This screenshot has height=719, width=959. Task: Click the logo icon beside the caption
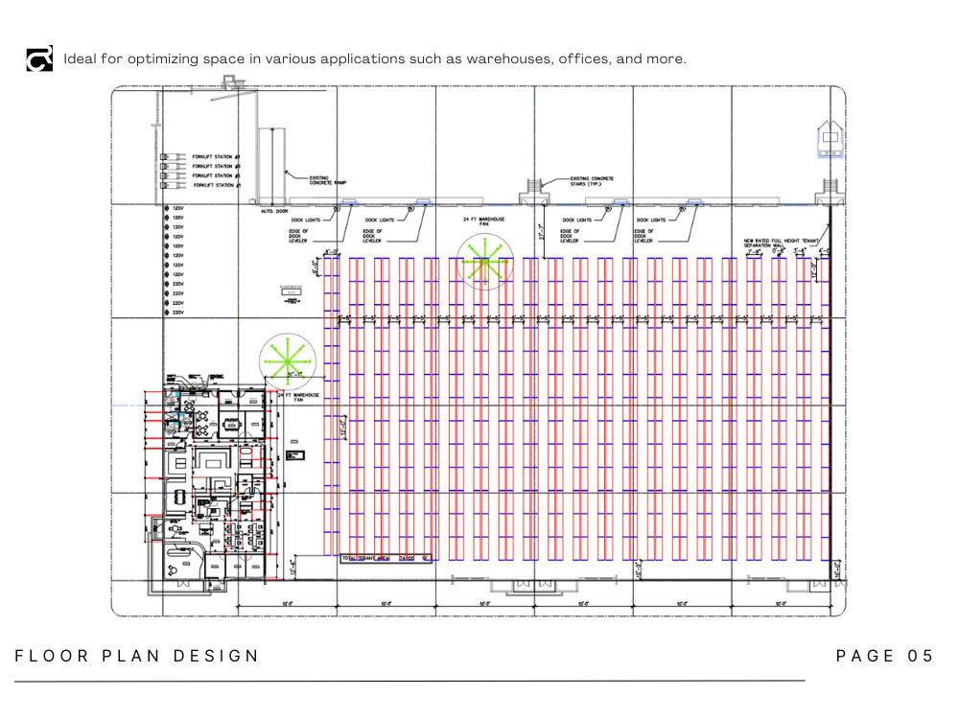(39, 58)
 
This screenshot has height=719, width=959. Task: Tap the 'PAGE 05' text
(884, 656)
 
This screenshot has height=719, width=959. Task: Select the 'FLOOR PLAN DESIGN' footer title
(137, 656)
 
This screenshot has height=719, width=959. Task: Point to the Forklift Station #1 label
(215, 185)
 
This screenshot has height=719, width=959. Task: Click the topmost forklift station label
(215, 156)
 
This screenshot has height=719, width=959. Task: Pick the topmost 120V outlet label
(177, 208)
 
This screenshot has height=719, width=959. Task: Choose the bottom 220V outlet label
(177, 313)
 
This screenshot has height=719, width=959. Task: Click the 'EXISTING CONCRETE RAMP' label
(329, 180)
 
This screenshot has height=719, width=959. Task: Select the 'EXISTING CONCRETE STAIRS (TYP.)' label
(592, 181)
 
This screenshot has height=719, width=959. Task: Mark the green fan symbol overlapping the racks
(485, 260)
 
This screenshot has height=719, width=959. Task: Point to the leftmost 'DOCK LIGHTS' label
(308, 220)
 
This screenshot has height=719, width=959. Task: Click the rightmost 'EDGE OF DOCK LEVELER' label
(644, 236)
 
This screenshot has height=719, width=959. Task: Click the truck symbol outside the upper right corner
(829, 141)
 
